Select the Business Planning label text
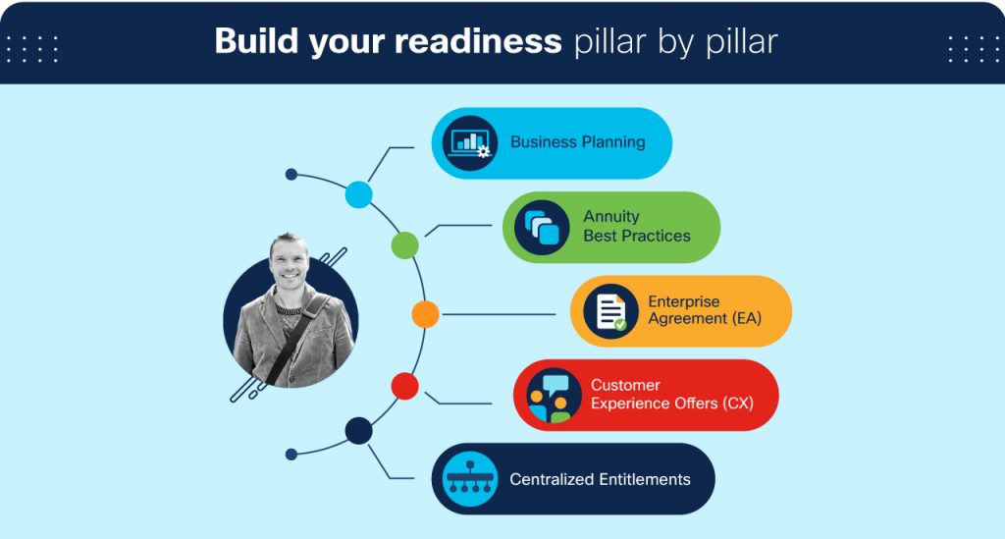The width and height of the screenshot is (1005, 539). click(x=577, y=142)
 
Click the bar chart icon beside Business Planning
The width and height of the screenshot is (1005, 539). click(x=469, y=143)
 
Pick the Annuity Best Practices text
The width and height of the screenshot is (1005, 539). click(x=636, y=227)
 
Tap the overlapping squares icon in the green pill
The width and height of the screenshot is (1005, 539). click(x=542, y=228)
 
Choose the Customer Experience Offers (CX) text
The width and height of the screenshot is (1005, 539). click(x=671, y=395)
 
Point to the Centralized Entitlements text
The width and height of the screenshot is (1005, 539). click(x=600, y=480)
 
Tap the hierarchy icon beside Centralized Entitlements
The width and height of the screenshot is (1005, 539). click(x=469, y=479)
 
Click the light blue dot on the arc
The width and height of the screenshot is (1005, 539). click(x=359, y=194)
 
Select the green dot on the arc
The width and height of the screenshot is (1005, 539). click(x=404, y=245)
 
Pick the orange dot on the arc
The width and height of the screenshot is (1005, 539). click(x=425, y=314)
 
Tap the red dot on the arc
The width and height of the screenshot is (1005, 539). click(x=404, y=386)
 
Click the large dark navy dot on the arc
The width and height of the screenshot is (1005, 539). click(x=359, y=430)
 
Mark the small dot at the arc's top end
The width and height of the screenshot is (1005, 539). click(x=291, y=175)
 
